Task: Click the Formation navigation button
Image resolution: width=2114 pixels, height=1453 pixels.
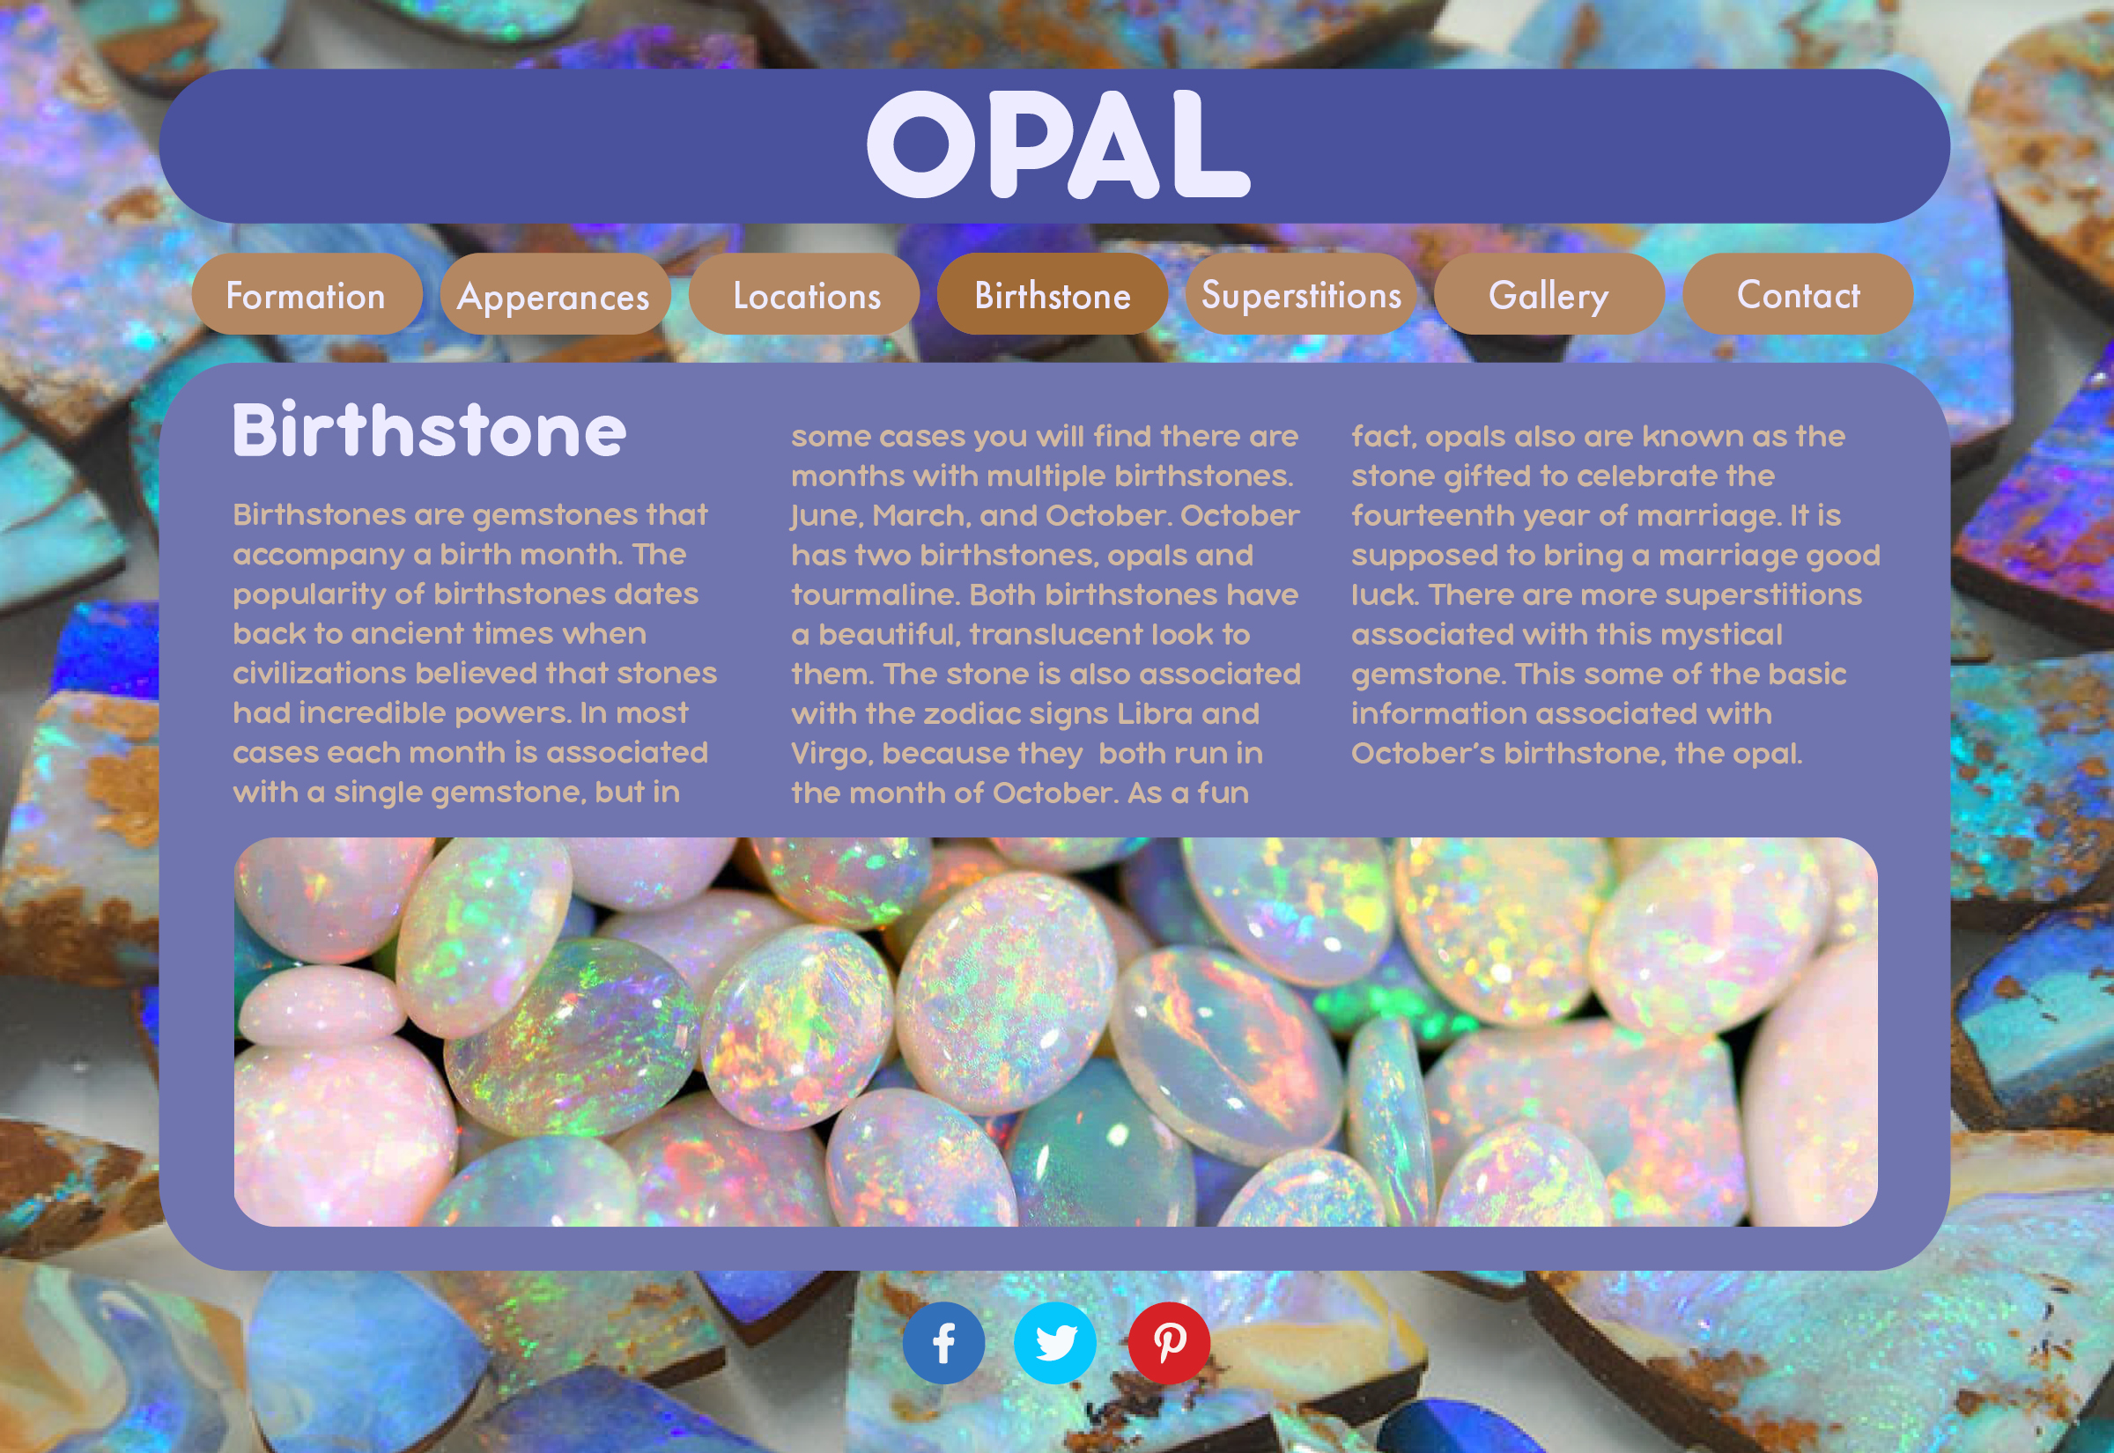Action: pyautogui.click(x=307, y=294)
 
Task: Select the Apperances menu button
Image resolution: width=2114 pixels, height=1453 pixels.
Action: pyautogui.click(x=555, y=294)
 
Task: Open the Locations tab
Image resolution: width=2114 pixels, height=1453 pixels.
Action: pyautogui.click(x=804, y=294)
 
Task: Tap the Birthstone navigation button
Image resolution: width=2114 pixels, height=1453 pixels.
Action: pyautogui.click(x=1053, y=294)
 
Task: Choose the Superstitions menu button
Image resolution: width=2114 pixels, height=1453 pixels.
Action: pyautogui.click(x=1301, y=294)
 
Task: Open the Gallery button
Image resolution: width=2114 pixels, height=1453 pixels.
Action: pyautogui.click(x=1549, y=294)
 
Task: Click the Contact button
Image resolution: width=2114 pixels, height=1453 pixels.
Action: pyautogui.click(x=1798, y=294)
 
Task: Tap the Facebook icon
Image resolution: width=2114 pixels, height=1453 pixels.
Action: pyautogui.click(x=944, y=1343)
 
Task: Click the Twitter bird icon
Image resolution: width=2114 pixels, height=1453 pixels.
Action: pyautogui.click(x=1055, y=1343)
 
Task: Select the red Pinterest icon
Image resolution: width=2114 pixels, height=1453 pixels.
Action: pyautogui.click(x=1169, y=1343)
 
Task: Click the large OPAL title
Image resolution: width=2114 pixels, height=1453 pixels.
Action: pyautogui.click(x=1058, y=144)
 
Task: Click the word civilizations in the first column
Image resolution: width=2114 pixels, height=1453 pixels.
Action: pyautogui.click(x=320, y=673)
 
